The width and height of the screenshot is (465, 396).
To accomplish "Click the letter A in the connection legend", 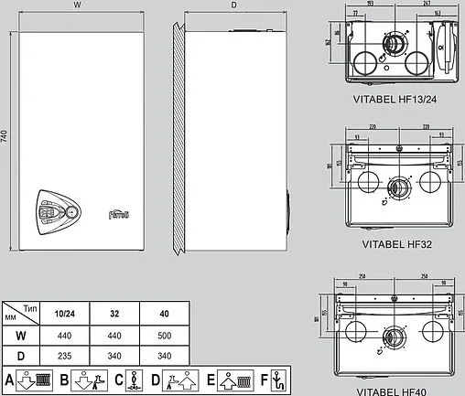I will pos(9,379).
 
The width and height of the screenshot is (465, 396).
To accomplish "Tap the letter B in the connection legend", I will pos(64,379).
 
